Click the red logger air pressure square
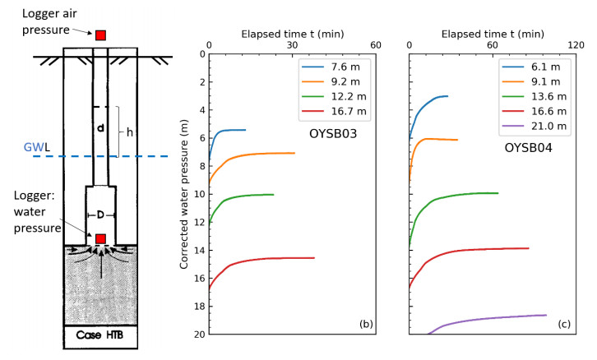[100, 35]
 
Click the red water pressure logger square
[100, 238]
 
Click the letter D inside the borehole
[100, 215]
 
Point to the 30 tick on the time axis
[292, 46]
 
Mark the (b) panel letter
[364, 324]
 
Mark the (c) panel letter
[565, 324]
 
